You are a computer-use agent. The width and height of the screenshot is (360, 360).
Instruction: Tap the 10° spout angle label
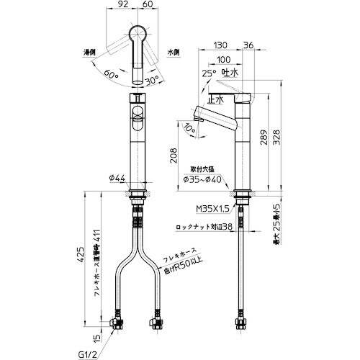pos(189,128)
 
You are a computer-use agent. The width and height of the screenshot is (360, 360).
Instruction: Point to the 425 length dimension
pos(81,253)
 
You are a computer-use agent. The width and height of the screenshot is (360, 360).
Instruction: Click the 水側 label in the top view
pos(173,52)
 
